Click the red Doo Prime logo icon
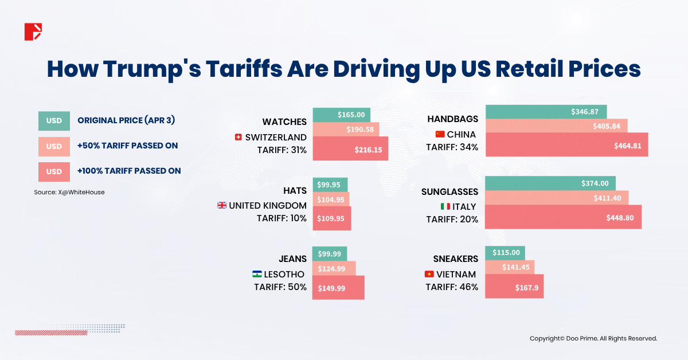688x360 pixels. click(x=33, y=32)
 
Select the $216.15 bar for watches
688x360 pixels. click(x=350, y=148)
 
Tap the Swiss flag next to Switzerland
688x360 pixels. click(x=238, y=138)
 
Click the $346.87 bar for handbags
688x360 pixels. click(x=546, y=112)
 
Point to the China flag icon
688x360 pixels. click(x=440, y=134)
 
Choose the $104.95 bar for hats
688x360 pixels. click(x=331, y=199)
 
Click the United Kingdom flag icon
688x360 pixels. click(x=222, y=205)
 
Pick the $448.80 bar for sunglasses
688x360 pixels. click(x=563, y=217)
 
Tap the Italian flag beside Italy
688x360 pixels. click(x=445, y=206)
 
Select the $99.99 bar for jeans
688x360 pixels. click(x=330, y=254)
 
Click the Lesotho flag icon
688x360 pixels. click(x=257, y=275)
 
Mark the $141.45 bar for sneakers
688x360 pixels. click(x=510, y=267)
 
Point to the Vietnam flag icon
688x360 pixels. click(x=429, y=274)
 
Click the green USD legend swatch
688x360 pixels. click(x=54, y=121)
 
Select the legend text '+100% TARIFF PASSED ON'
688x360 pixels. click(x=129, y=171)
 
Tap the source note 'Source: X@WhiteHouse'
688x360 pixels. click(x=69, y=193)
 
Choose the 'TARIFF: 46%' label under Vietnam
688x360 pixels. click(x=452, y=287)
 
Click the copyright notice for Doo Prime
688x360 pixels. click(x=593, y=339)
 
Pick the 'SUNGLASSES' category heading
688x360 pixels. click(x=449, y=191)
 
